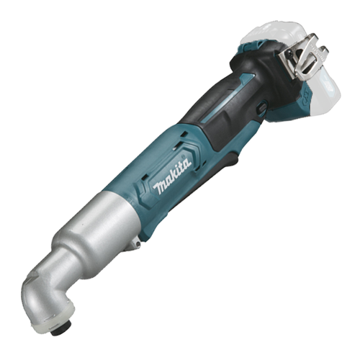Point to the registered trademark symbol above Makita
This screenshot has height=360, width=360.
click(184, 156)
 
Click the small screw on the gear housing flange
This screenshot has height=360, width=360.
click(138, 244)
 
